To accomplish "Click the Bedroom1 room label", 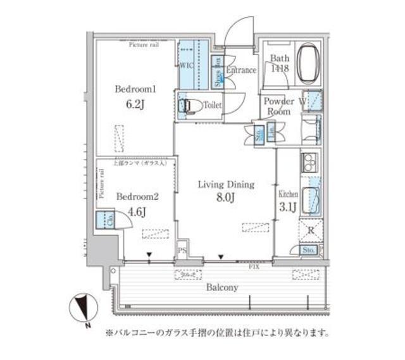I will click(x=132, y=89).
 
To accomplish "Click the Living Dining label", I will click(x=226, y=185).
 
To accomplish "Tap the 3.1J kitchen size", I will click(x=287, y=206).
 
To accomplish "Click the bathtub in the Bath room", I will click(x=309, y=63).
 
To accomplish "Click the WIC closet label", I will click(x=186, y=64).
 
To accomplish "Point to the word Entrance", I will click(x=241, y=70).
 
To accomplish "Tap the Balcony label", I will click(x=222, y=287).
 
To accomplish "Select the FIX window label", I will click(x=253, y=266).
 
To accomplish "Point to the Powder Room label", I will click(x=278, y=106).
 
